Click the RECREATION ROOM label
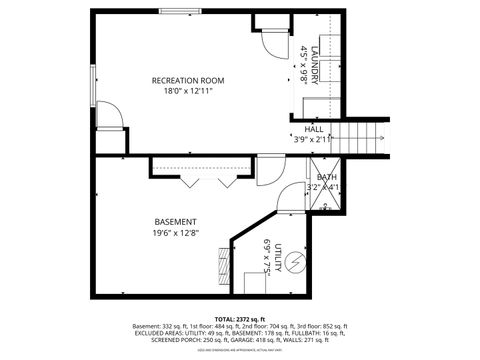pos(187,80)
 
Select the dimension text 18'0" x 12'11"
pos(187,91)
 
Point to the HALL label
pos(314,129)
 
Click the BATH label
pos(328,177)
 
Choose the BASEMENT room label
pos(175,221)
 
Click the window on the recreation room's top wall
pos(184,12)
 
